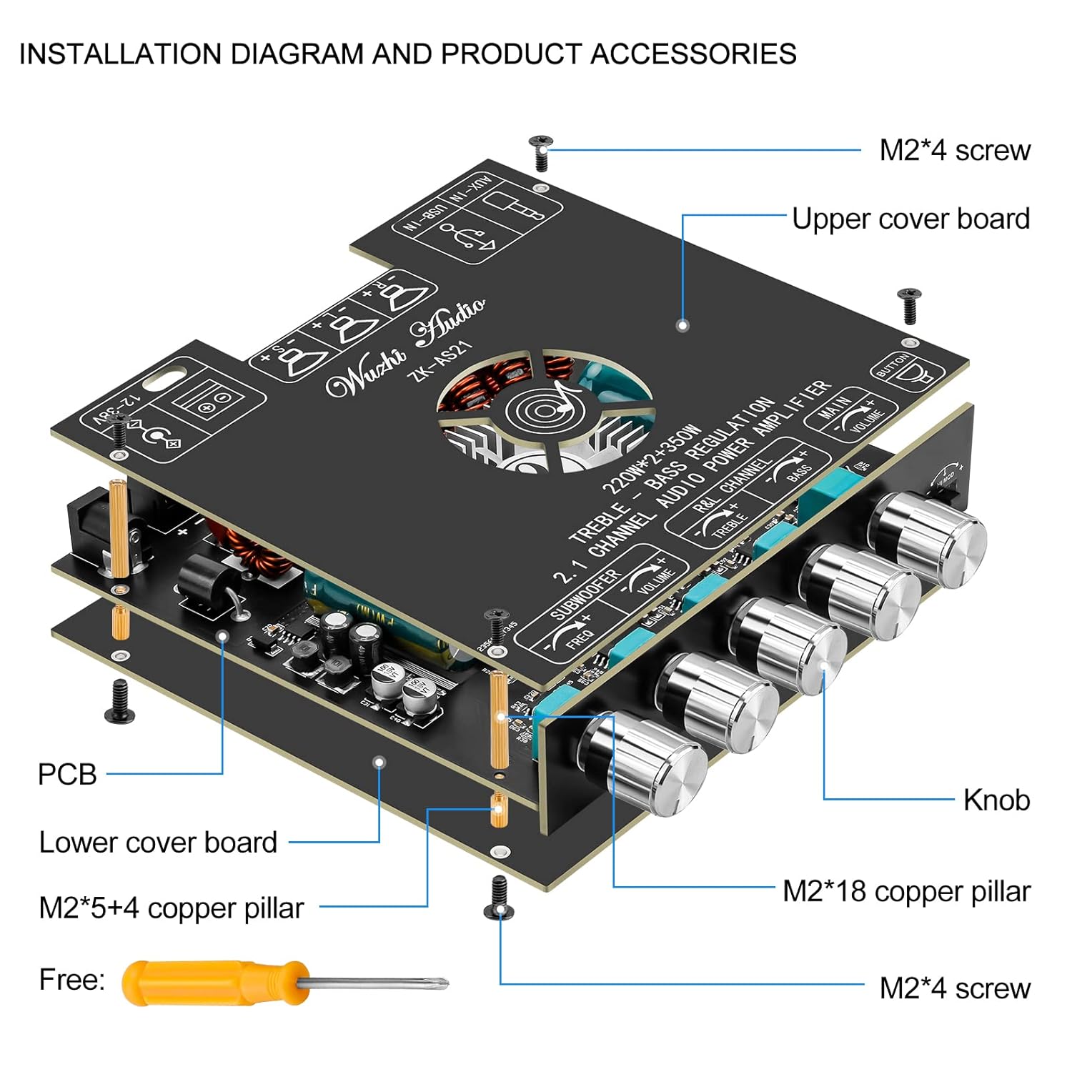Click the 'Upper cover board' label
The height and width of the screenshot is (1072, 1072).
(910, 219)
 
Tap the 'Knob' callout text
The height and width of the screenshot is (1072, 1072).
(996, 800)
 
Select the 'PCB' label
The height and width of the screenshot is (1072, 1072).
(66, 774)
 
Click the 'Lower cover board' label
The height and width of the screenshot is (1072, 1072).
(158, 842)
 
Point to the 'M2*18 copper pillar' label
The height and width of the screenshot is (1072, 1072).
(906, 891)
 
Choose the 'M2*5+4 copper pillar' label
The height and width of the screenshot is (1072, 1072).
(172, 908)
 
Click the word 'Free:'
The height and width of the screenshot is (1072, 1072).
(71, 979)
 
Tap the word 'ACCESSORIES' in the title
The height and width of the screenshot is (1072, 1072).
(693, 54)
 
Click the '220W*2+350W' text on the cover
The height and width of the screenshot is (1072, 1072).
(652, 459)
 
